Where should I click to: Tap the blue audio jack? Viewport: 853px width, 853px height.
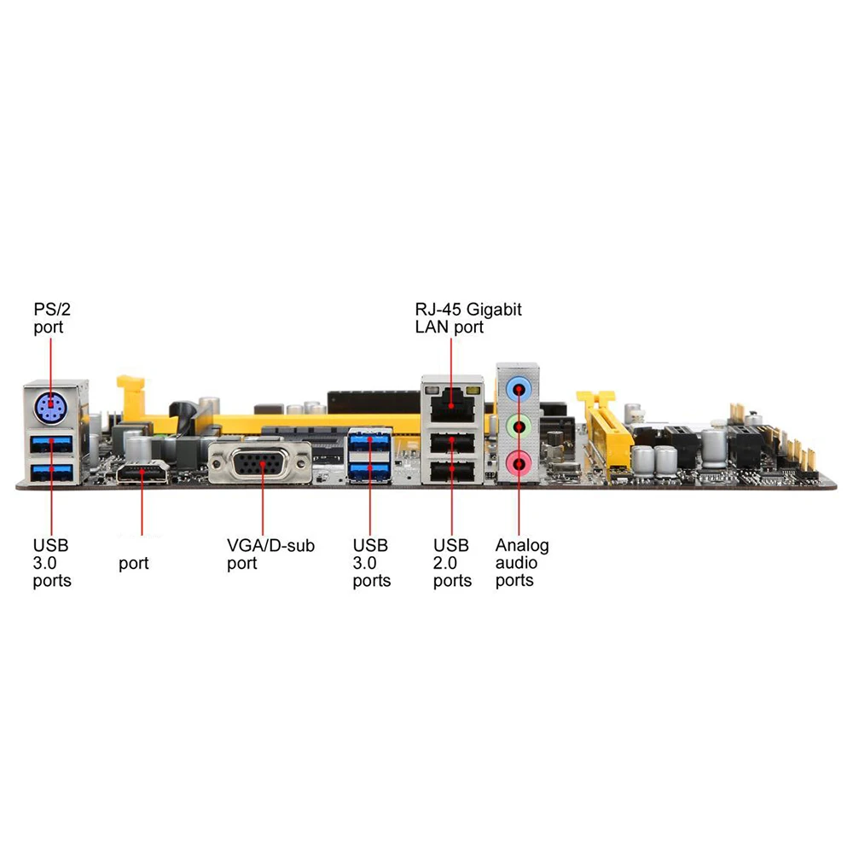click(x=518, y=388)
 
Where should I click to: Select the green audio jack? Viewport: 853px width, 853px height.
click(x=518, y=426)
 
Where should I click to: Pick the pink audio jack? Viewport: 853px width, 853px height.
click(x=518, y=463)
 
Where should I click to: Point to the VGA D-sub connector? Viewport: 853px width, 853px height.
click(x=262, y=466)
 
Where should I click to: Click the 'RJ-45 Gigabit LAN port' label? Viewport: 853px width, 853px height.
click(x=467, y=318)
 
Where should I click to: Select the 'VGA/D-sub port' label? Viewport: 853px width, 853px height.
click(x=270, y=554)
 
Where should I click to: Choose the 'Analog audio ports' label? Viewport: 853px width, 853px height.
click(x=521, y=563)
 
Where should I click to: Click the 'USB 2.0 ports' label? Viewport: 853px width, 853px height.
click(x=452, y=563)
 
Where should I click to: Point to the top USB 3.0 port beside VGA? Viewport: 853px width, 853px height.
click(x=369, y=443)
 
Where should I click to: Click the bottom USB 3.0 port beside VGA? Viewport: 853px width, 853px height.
click(x=369, y=470)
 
